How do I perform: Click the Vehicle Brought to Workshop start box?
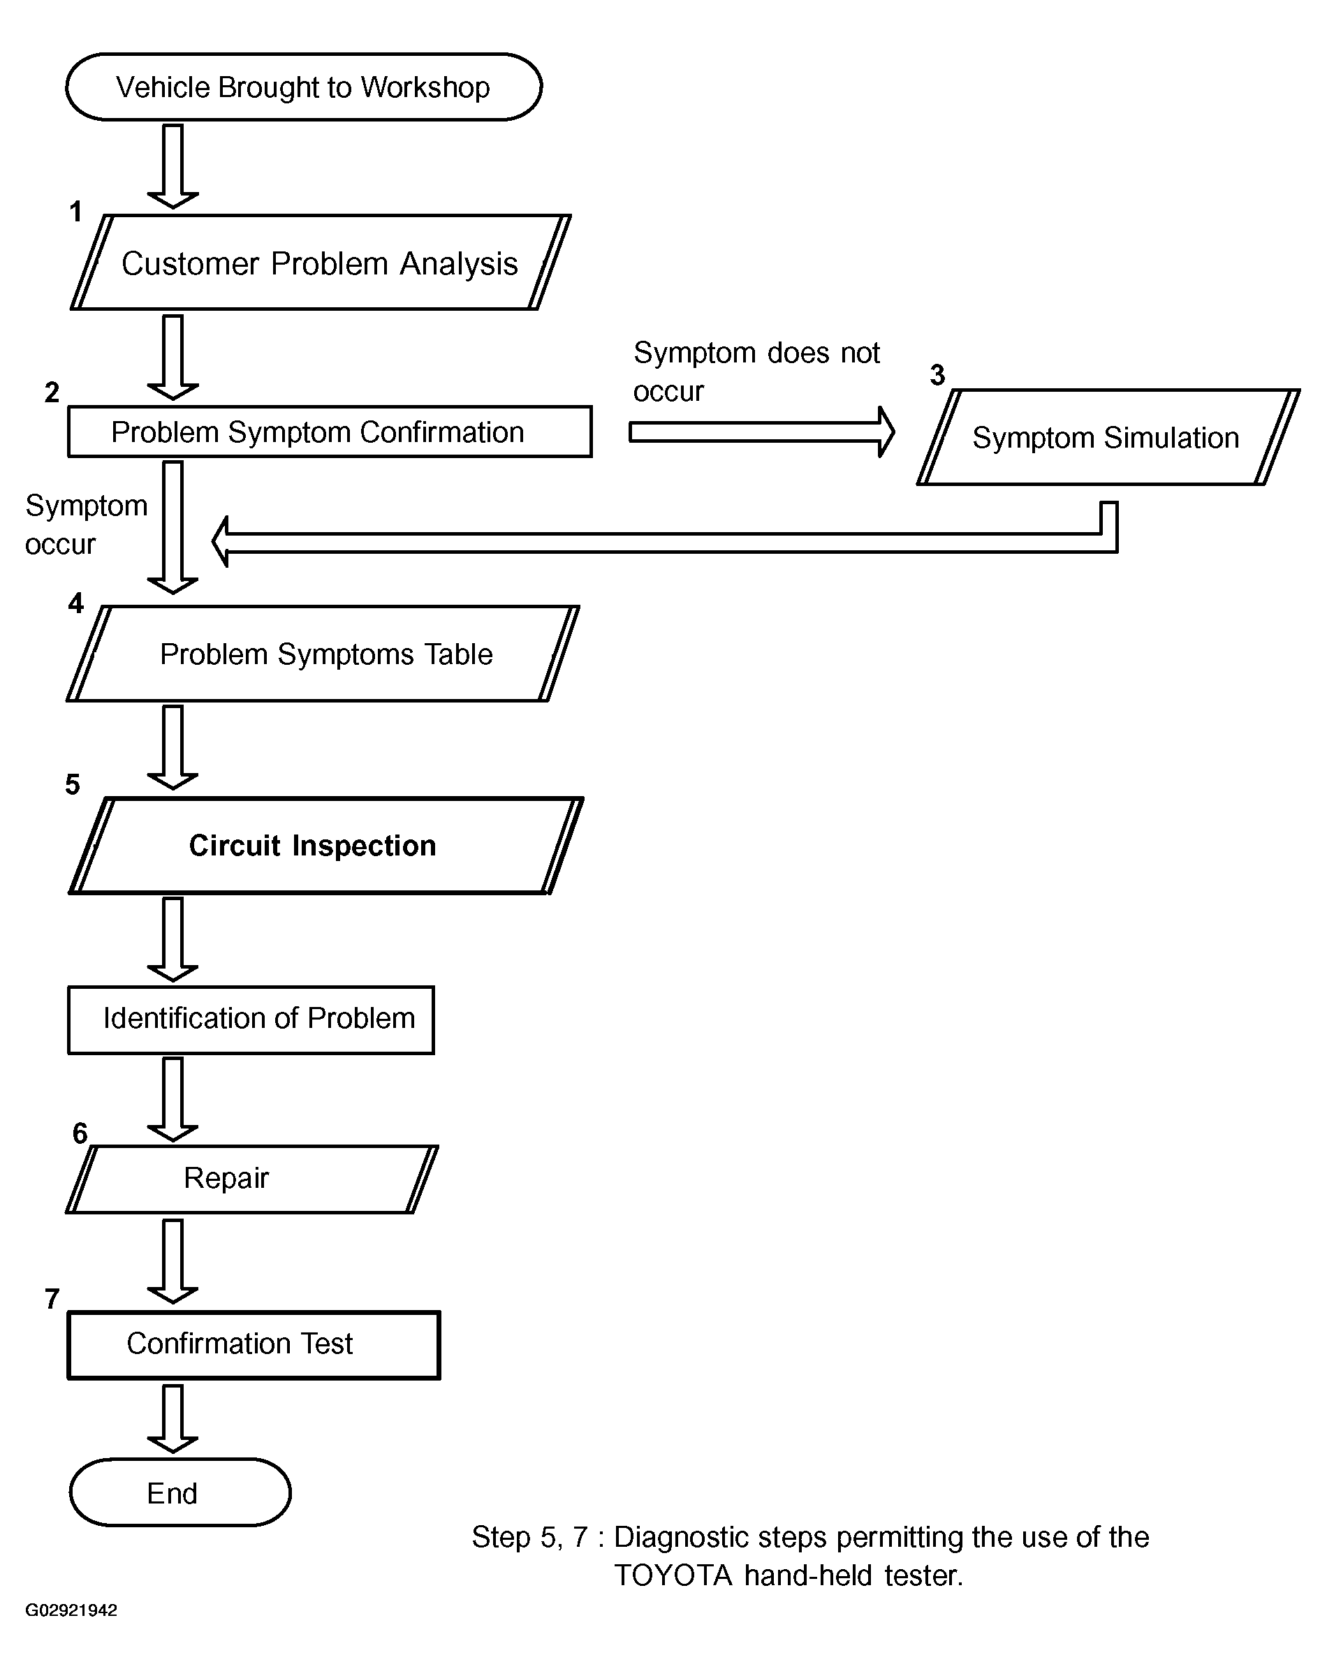click(x=304, y=87)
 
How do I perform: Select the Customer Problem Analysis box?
click(x=321, y=263)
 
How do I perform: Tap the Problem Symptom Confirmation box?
click(x=330, y=431)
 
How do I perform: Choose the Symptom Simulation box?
click(x=1108, y=437)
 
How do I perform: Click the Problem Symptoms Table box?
click(x=323, y=654)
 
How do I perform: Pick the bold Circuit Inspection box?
click(x=326, y=846)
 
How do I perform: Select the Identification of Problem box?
click(x=251, y=1020)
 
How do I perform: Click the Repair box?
click(x=251, y=1179)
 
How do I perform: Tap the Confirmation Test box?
click(x=254, y=1345)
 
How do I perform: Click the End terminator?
click(x=180, y=1492)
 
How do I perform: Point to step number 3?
click(x=937, y=376)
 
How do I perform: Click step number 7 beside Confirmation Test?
click(x=52, y=1299)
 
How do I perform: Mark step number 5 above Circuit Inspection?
click(x=72, y=784)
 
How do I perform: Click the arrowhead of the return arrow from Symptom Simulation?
click(x=221, y=542)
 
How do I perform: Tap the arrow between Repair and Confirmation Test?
click(x=173, y=1261)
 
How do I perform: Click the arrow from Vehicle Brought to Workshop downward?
click(x=173, y=166)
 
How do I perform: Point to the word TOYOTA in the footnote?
click(x=673, y=1575)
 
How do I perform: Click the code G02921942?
click(x=71, y=1610)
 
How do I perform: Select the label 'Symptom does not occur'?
click(x=756, y=372)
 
